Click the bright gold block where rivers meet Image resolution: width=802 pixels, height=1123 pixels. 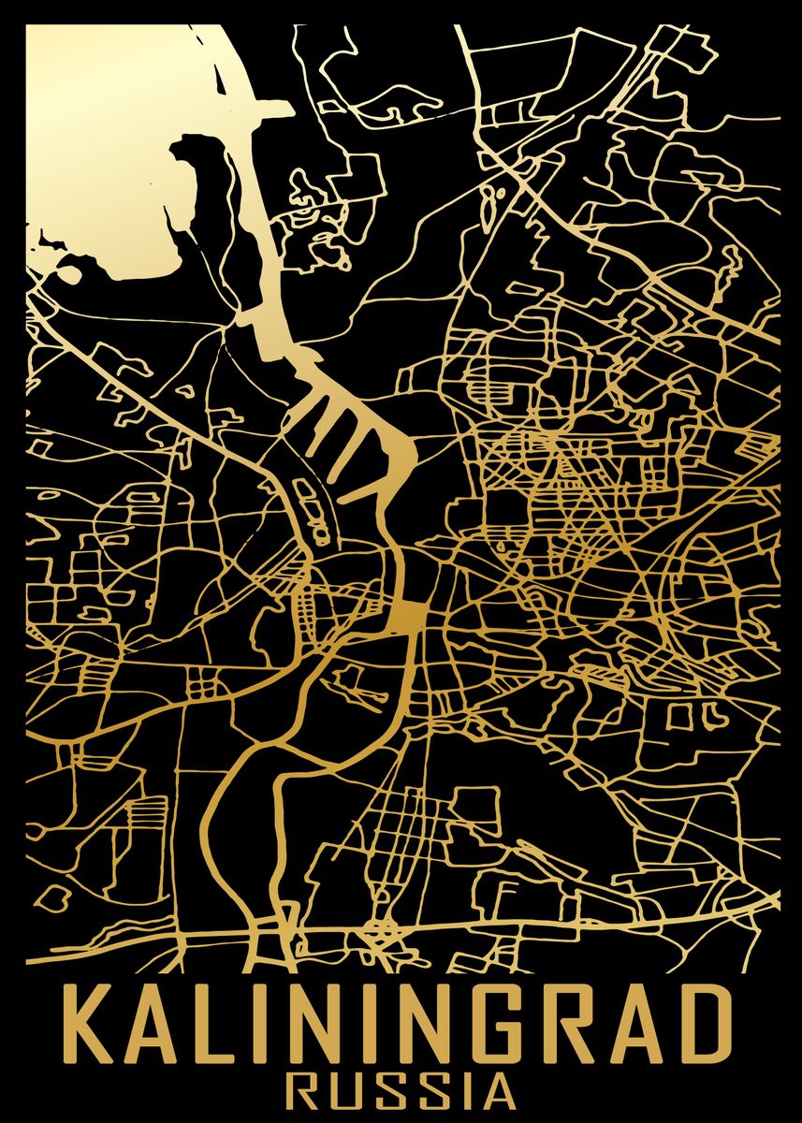click(408, 617)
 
